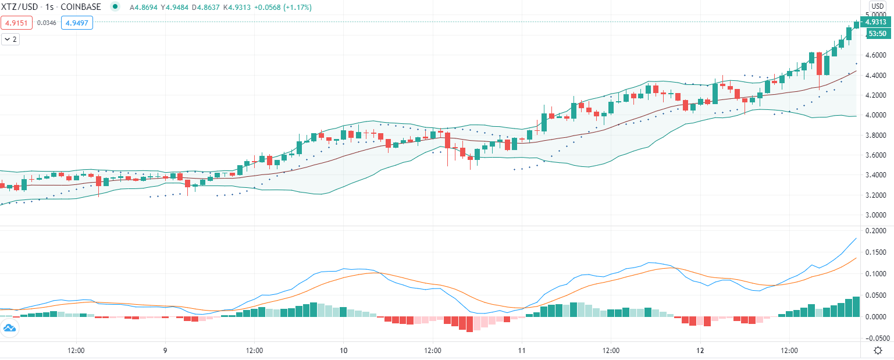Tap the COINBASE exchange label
[x=81, y=7]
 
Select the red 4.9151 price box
[x=16, y=23]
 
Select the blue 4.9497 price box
[x=76, y=23]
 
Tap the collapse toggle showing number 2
[x=10, y=40]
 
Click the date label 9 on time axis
[x=165, y=351]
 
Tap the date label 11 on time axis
[x=522, y=351]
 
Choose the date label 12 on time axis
[x=700, y=351]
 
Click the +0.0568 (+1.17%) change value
[x=285, y=7]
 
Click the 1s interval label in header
[x=49, y=7]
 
